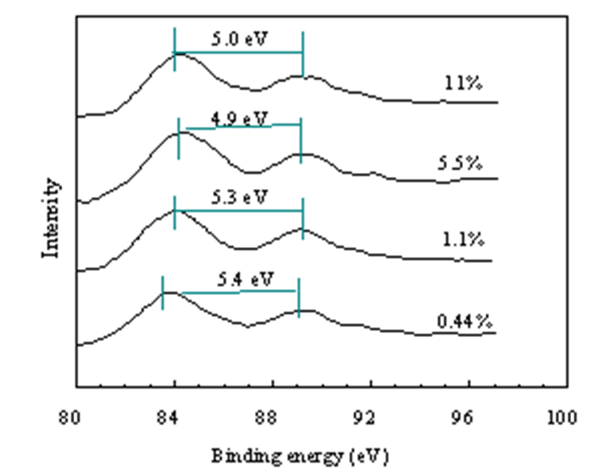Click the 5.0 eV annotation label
240,39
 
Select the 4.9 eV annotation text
240,119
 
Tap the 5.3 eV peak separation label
240,197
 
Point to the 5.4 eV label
245,279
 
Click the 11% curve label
463,83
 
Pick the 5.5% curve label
460,163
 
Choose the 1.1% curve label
463,240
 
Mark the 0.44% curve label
465,322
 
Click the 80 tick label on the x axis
70,418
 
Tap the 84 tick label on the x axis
168,418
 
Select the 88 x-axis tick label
266,418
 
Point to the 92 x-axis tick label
365,418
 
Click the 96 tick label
462,418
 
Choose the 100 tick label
562,418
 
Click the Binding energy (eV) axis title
300,456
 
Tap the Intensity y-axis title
51,218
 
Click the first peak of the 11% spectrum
177,54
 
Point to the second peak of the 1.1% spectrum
302,229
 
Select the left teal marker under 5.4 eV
162,292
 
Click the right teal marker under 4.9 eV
301,141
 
